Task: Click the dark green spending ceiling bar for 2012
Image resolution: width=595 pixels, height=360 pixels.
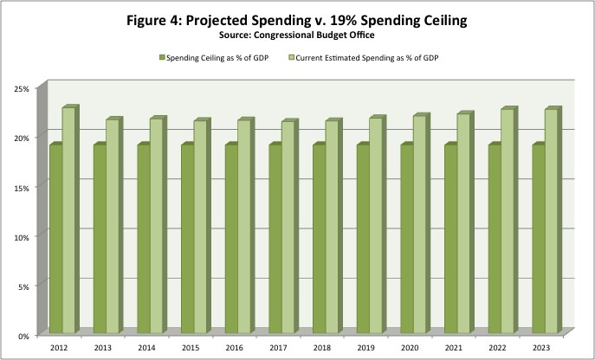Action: (x=55, y=238)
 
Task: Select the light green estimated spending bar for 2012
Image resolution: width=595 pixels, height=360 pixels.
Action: (x=68, y=221)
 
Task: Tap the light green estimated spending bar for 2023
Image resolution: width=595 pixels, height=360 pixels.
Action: (x=551, y=222)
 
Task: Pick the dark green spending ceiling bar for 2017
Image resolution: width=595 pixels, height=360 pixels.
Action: (x=275, y=238)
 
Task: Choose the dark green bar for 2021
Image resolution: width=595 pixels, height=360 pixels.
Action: (x=450, y=238)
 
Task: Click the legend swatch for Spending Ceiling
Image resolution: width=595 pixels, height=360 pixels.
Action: (x=160, y=58)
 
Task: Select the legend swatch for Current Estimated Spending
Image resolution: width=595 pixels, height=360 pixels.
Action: (x=292, y=58)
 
